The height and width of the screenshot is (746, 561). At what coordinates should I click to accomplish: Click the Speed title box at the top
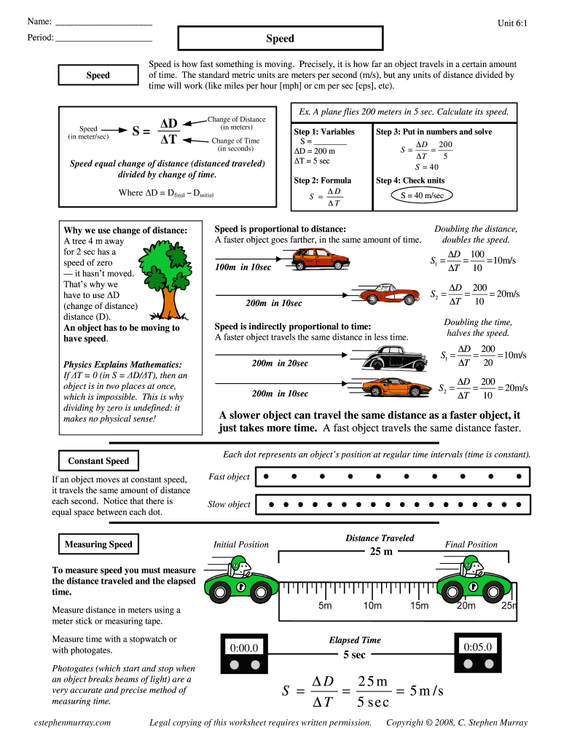pyautogui.click(x=280, y=39)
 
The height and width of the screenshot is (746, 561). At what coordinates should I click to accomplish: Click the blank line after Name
pyautogui.click(x=103, y=23)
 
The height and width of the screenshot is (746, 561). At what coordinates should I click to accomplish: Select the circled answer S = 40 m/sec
pyautogui.click(x=422, y=195)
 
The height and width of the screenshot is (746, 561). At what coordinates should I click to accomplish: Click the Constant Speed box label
pyautogui.click(x=98, y=460)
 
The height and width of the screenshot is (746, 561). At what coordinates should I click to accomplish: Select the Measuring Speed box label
pyautogui.click(x=98, y=544)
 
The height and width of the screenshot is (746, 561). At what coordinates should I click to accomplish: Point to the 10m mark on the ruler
pyautogui.click(x=372, y=606)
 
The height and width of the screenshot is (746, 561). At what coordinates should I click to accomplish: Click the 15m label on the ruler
pyautogui.click(x=420, y=606)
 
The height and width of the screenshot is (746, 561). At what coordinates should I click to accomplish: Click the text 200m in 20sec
pyautogui.click(x=280, y=363)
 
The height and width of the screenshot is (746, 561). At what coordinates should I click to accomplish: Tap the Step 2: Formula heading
pyautogui.click(x=322, y=180)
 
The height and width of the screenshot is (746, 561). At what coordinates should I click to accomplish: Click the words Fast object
pyautogui.click(x=229, y=477)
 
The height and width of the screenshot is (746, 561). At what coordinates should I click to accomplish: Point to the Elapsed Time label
pyautogui.click(x=355, y=640)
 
